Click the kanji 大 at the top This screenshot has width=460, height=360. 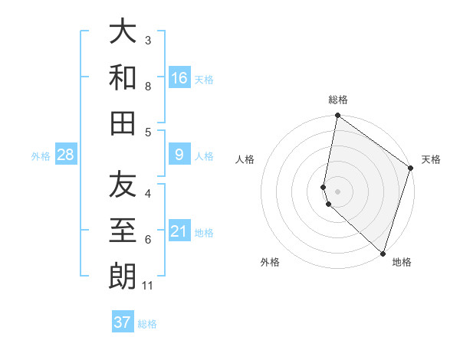pos(123,32)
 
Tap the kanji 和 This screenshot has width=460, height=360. pos(123,77)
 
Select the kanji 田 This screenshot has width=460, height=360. pos(123,123)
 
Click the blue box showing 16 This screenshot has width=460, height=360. pos(179,78)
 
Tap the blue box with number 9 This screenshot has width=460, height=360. pos(179,155)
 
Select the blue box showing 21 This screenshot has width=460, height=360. pos(179,231)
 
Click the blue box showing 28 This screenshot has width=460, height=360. pos(66,155)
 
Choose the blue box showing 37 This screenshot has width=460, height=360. pos(123,322)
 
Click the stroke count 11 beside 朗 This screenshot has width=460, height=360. pos(149,286)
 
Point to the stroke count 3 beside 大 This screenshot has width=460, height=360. pos(148,40)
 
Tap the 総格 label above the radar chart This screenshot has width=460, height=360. pos(338,100)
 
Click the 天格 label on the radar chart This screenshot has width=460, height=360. pos(431,159)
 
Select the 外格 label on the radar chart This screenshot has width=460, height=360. pos(270,262)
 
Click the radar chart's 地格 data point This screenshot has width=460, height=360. pos(383,253)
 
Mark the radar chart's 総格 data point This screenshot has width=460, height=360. pos(337,116)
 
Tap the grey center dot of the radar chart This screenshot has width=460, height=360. pos(337,191)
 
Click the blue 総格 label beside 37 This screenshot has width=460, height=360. pos(147,324)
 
